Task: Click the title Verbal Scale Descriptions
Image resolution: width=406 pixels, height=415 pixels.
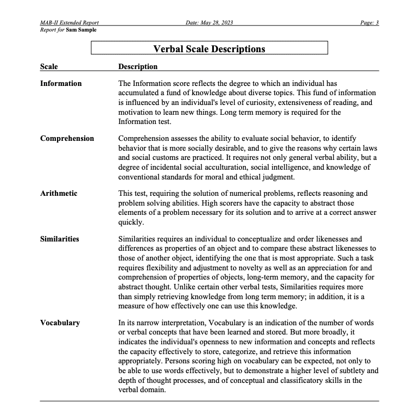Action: click(x=209, y=49)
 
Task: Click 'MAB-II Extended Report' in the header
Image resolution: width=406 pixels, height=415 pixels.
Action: click(x=69, y=22)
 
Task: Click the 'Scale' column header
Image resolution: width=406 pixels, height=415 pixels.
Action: click(x=49, y=67)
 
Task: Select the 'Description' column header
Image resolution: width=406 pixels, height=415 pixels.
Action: click(x=138, y=67)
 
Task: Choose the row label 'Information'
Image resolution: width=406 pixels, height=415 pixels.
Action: click(x=61, y=84)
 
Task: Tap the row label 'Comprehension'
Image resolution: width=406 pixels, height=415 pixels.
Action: click(x=67, y=139)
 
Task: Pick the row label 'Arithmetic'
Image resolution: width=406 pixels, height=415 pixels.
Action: click(x=59, y=194)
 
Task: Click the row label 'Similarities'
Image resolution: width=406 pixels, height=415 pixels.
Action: click(x=60, y=239)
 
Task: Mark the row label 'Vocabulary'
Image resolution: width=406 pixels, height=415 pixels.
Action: click(x=60, y=323)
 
